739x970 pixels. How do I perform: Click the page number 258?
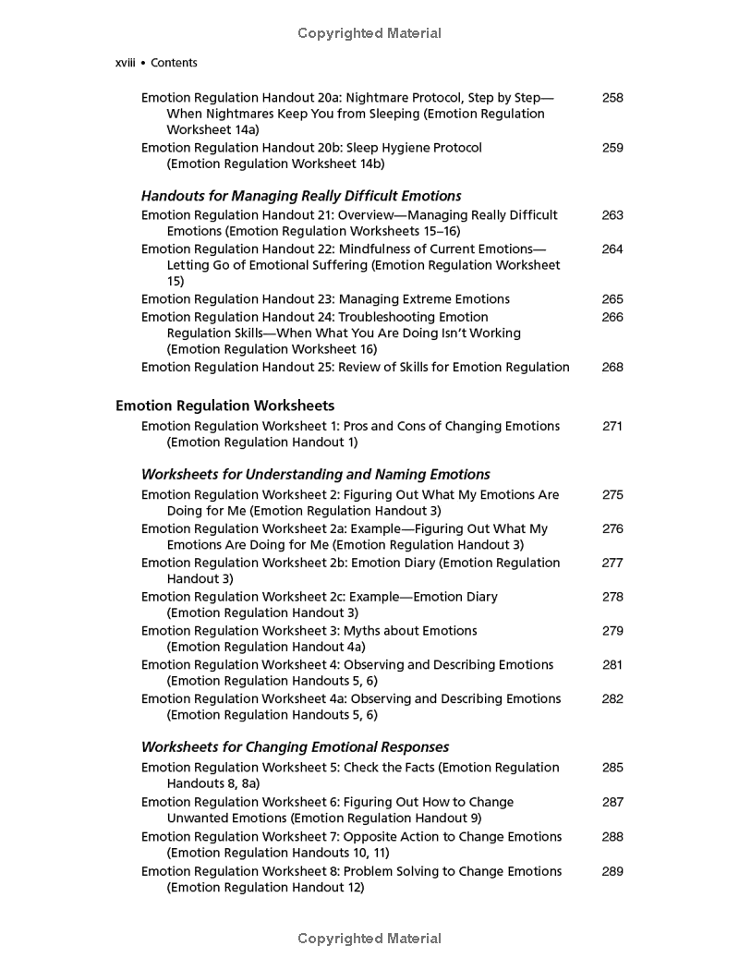612,97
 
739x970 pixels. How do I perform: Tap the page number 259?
612,148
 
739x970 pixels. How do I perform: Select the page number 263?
612,215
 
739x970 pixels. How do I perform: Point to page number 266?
612,317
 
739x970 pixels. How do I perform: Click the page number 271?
612,426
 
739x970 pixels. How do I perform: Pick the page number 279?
612,631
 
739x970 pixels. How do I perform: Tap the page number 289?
612,871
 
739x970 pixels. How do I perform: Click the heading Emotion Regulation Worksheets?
224,406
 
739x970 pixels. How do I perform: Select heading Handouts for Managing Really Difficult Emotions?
301,196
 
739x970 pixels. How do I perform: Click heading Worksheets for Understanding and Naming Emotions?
315,475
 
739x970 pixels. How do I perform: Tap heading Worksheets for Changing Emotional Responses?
295,747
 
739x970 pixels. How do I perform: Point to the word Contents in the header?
174,63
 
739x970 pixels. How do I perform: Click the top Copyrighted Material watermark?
369,33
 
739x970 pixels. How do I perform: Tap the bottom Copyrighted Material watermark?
369,939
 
